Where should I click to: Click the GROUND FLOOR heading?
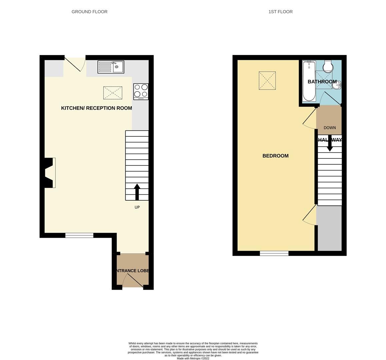pyautogui.click(x=89, y=12)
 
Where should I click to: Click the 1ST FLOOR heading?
pyautogui.click(x=280, y=12)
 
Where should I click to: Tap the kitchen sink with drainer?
pyautogui.click(x=111, y=67)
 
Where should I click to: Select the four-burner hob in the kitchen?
pyautogui.click(x=141, y=91)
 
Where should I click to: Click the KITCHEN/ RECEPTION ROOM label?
pyautogui.click(x=96, y=108)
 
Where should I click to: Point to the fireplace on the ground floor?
pyautogui.click(x=50, y=173)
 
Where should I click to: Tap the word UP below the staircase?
pyautogui.click(x=137, y=207)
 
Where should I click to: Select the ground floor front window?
pyautogui.click(x=79, y=236)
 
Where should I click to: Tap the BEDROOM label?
pyautogui.click(x=275, y=156)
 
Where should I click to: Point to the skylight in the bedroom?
pyautogui.click(x=267, y=80)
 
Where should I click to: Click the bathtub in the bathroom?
pyautogui.click(x=309, y=81)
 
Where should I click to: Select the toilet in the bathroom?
pyautogui.click(x=328, y=66)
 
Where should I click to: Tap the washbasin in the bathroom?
pyautogui.click(x=337, y=86)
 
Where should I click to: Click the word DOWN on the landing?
pyautogui.click(x=330, y=128)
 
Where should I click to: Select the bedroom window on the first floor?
pyautogui.click(x=274, y=254)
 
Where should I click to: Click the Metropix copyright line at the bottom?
pyautogui.click(x=193, y=358)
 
